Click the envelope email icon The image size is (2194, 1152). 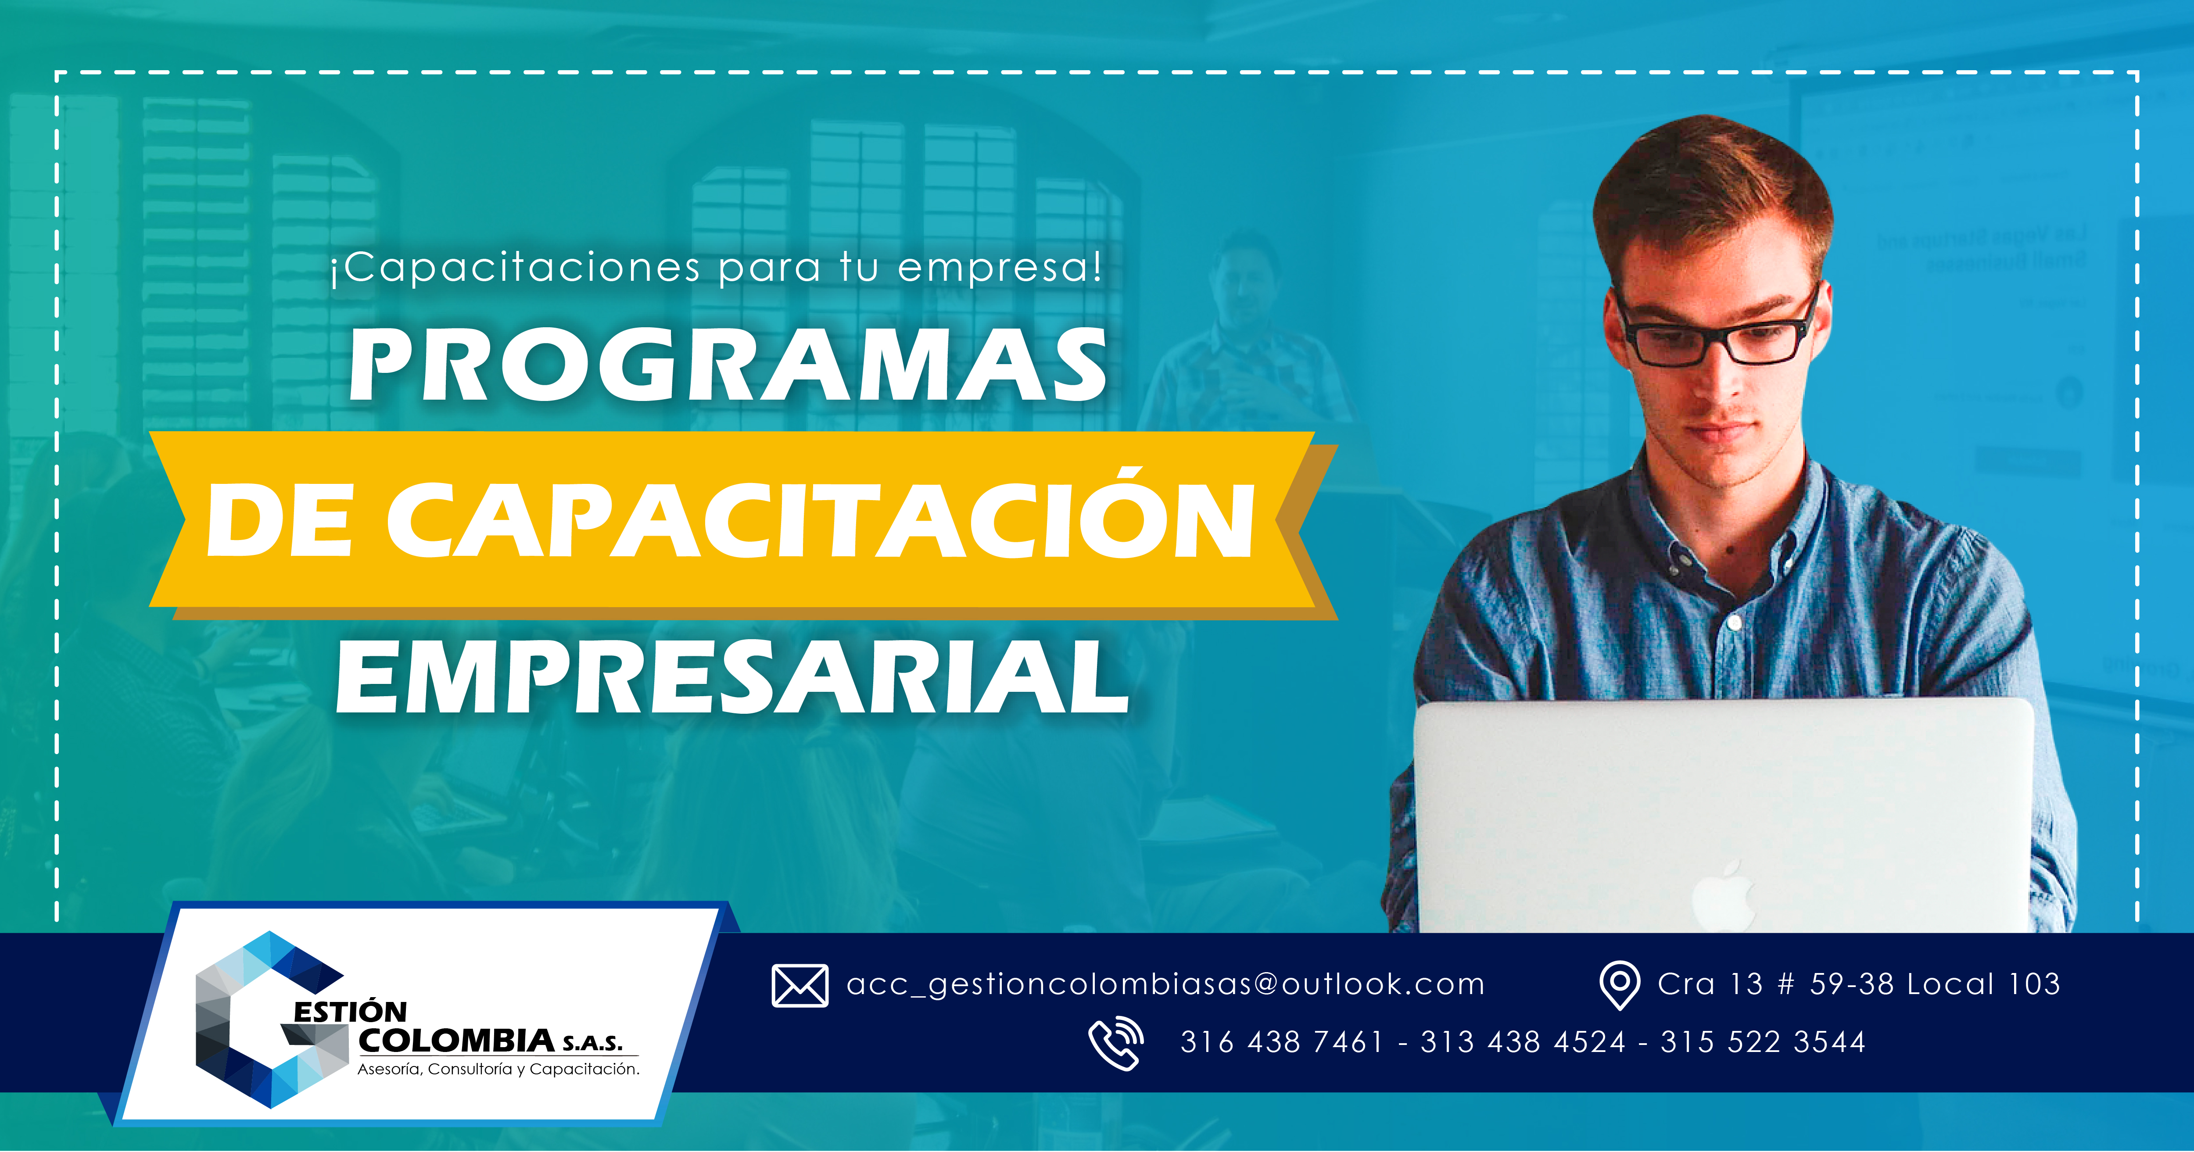pos(799,985)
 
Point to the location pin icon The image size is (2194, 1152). pos(1620,985)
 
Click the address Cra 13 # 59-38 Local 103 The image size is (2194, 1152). pos(1858,984)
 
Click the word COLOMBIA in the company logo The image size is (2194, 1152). pos(457,1041)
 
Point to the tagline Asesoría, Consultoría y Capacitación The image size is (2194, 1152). pos(498,1070)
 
